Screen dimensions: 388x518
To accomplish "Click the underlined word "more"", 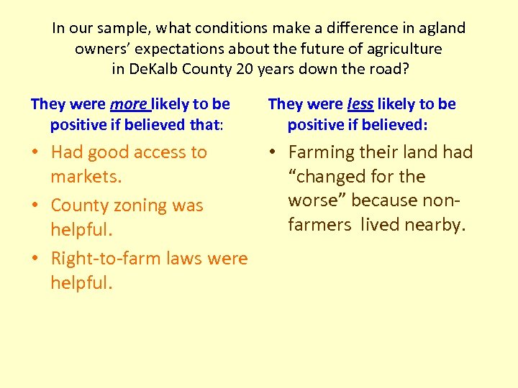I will (x=128, y=104).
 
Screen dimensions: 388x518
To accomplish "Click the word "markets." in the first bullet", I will (x=82, y=177).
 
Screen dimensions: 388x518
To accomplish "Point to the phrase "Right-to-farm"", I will (x=109, y=259).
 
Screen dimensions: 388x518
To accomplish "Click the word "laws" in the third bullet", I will (x=191, y=259).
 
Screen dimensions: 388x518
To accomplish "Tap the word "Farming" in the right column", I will (x=322, y=152).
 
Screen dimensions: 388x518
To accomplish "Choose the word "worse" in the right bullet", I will (x=313, y=200).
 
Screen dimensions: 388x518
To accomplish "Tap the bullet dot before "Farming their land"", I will (x=276, y=153).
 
